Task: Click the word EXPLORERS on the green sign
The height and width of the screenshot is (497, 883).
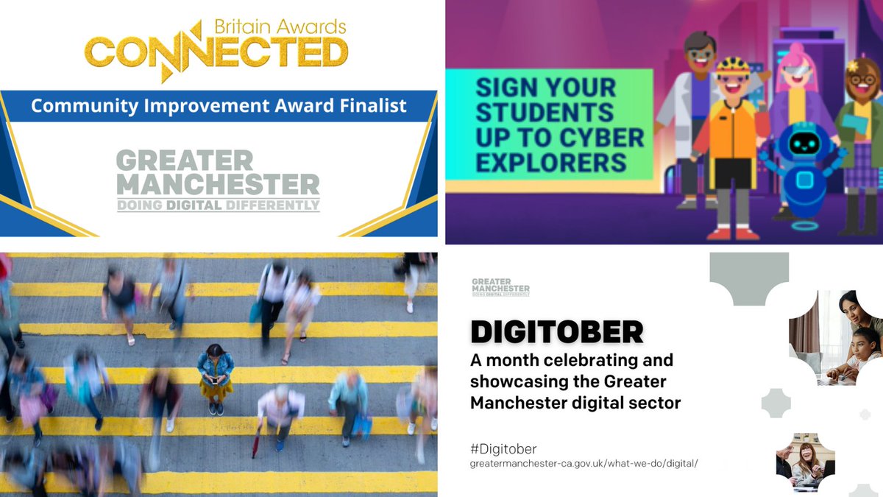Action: (x=551, y=162)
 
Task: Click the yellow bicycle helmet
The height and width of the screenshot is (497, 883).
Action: (x=733, y=66)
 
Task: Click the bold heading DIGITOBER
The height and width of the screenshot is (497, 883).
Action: (x=556, y=332)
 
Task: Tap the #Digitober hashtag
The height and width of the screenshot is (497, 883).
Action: (x=506, y=448)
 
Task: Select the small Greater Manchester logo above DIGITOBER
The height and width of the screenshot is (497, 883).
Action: (x=500, y=286)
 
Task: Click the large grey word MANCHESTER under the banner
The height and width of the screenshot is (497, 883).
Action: (x=219, y=184)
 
